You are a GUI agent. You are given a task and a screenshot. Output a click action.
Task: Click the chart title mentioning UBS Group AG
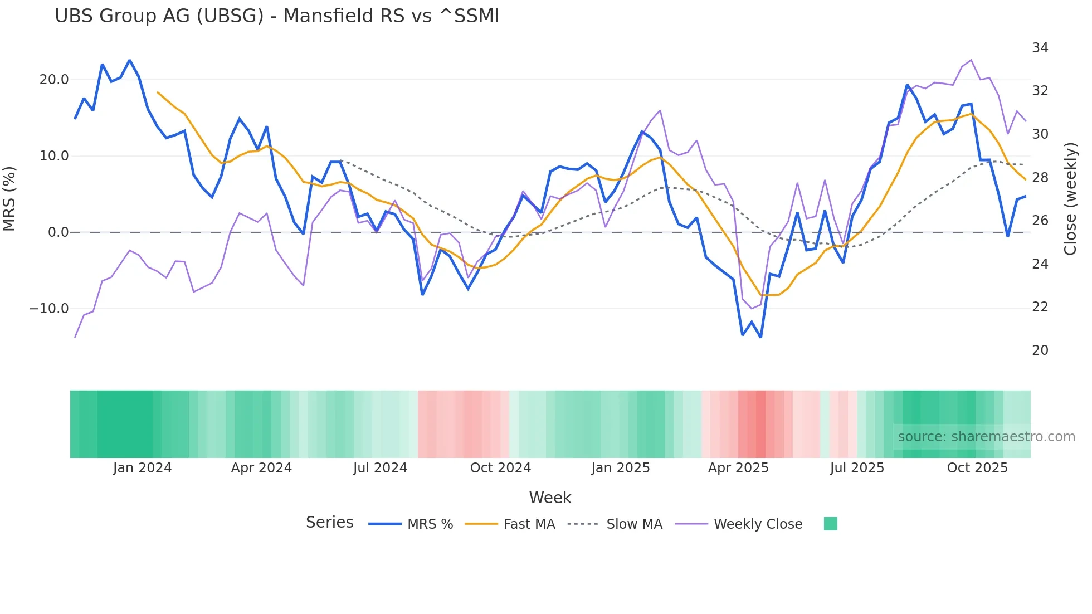click(277, 16)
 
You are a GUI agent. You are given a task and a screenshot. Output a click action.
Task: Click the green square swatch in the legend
click(830, 524)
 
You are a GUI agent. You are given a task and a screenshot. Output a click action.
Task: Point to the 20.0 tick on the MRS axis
click(54, 80)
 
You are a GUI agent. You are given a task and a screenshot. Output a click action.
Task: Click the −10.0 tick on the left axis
click(49, 309)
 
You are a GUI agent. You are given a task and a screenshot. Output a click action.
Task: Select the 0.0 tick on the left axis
click(58, 232)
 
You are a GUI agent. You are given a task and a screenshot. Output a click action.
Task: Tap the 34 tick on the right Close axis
click(1040, 48)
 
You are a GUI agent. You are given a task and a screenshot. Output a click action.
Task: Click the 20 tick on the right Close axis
click(1040, 350)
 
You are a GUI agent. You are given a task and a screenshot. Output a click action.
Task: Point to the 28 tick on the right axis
click(1040, 178)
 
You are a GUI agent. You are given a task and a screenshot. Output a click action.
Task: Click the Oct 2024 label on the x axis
click(500, 468)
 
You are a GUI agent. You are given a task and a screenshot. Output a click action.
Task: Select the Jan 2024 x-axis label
click(142, 468)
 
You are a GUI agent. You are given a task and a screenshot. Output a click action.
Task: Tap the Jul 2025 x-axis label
click(857, 468)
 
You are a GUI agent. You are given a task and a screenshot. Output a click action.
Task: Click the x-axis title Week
click(550, 498)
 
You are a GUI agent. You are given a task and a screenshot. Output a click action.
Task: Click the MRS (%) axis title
click(9, 199)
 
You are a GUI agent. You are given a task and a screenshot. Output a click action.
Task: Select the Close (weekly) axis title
click(1070, 199)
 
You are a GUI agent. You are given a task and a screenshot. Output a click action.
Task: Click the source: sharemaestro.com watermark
click(986, 437)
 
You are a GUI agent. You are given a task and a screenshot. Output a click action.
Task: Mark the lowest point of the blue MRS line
click(760, 337)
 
